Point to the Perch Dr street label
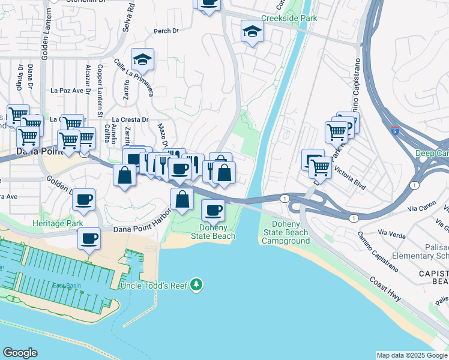coord(167,31)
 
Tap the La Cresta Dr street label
coord(130,119)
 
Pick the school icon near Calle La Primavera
coord(143,59)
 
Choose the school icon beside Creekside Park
coord(252,31)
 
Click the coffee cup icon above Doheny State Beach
coord(213,210)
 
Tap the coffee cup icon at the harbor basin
coord(89,239)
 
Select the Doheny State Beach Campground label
coord(285,232)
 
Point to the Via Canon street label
coord(420,209)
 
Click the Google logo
coord(20,353)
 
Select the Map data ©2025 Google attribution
coord(412,355)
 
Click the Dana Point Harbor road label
coord(139,229)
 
